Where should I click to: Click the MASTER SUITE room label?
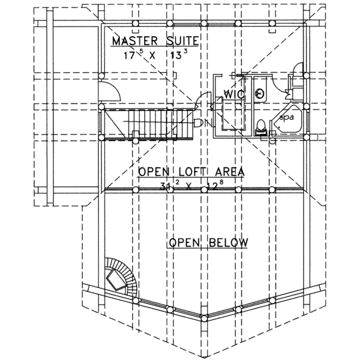155,41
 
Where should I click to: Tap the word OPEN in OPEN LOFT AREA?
154,172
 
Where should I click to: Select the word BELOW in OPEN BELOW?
229,242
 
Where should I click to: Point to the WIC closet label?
234,94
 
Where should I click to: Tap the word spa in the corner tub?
287,118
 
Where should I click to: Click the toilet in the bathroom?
261,127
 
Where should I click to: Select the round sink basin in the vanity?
260,93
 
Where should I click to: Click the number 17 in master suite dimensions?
129,56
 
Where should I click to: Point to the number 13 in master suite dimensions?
176,56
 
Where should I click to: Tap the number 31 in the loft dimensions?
164,186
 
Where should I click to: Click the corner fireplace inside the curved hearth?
116,279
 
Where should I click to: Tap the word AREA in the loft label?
230,172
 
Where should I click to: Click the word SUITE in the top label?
182,41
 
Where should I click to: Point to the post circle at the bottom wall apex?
204,319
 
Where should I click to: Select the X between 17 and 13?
152,56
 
